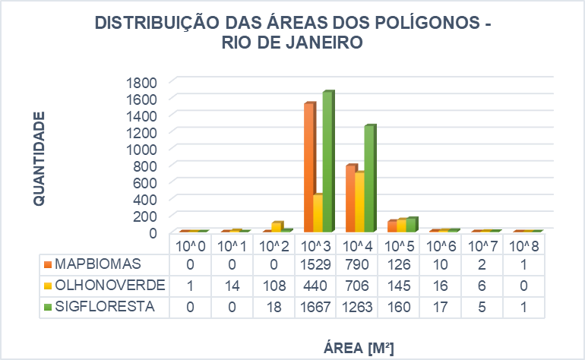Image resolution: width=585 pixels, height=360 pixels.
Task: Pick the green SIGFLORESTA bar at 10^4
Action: point(369,178)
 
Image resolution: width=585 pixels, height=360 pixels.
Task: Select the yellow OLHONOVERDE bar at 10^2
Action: point(277,226)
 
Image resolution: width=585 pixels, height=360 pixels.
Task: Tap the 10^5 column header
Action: point(400,246)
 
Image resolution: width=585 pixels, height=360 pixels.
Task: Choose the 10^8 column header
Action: point(524,246)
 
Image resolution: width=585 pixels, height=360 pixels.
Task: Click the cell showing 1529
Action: point(315,264)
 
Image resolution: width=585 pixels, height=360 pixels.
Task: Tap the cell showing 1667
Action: point(315,307)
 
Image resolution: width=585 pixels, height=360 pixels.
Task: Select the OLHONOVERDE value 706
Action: point(358,286)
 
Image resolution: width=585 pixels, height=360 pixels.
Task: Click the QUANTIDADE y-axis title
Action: point(40,157)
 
